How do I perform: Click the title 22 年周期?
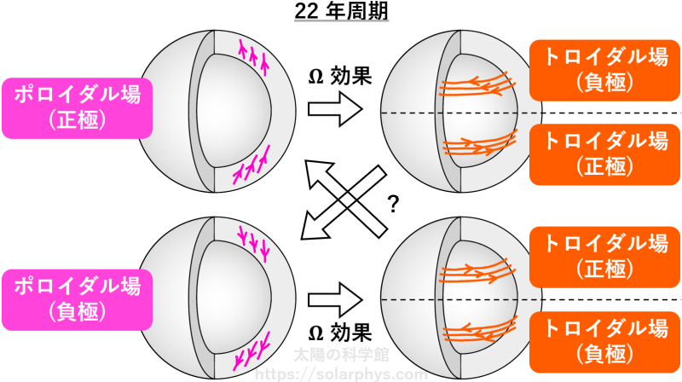tap(342, 11)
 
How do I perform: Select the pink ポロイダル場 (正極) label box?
tap(78, 108)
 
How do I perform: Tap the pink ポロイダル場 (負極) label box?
tap(78, 300)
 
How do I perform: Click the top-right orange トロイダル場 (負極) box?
tap(604, 71)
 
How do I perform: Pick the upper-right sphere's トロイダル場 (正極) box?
tap(604, 154)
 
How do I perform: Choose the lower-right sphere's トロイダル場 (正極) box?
tap(604, 257)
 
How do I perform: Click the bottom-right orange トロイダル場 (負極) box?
tap(604, 342)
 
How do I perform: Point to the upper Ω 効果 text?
tap(340, 76)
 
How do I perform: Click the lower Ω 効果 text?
tap(340, 333)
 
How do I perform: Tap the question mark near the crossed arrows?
tap(393, 204)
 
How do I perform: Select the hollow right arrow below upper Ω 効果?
tap(335, 109)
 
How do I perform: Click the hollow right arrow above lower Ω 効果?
tap(335, 300)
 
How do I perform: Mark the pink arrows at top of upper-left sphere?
tap(252, 55)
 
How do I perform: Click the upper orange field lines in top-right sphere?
tap(477, 84)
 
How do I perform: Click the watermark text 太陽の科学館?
tap(342, 355)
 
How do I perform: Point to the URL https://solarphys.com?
tap(342, 374)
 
